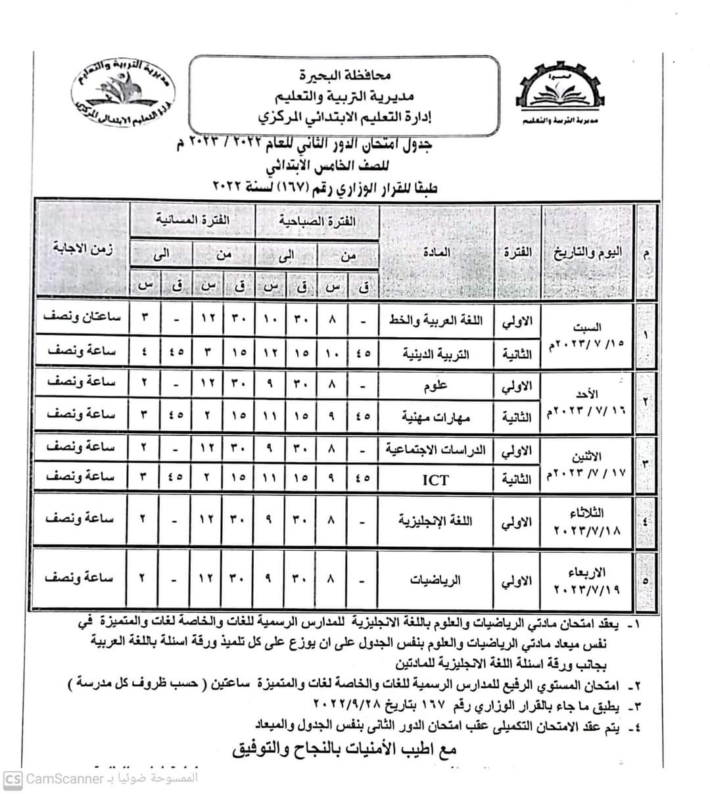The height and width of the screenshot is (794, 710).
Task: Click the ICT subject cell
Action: pyautogui.click(x=436, y=479)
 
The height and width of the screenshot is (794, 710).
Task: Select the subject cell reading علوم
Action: pyautogui.click(x=436, y=385)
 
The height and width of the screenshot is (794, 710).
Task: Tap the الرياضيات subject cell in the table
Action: pyautogui.click(x=436, y=580)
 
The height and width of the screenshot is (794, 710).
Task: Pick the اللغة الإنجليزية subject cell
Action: pyautogui.click(x=436, y=521)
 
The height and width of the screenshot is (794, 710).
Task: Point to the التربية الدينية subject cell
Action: pyautogui.click(x=436, y=354)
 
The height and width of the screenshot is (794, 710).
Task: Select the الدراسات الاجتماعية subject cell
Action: pyautogui.click(x=436, y=450)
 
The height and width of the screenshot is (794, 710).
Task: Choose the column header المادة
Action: pyautogui.click(x=436, y=252)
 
